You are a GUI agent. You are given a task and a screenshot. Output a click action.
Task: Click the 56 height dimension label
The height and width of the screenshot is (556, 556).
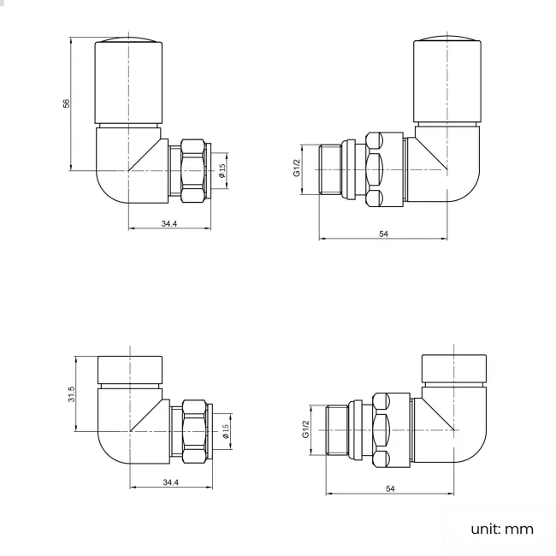[66, 104]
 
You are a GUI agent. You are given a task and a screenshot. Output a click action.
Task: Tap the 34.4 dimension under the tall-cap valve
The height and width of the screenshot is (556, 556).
[169, 223]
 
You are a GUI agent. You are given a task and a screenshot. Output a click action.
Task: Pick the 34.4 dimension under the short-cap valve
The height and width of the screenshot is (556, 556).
[170, 482]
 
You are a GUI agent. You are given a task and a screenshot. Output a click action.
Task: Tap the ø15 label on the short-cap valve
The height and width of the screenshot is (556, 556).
[225, 431]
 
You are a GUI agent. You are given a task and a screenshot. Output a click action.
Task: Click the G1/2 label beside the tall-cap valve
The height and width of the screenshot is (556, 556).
[297, 168]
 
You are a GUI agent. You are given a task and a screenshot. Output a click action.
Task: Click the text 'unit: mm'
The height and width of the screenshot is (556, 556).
[502, 529]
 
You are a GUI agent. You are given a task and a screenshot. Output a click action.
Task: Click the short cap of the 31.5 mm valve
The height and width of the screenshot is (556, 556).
[128, 369]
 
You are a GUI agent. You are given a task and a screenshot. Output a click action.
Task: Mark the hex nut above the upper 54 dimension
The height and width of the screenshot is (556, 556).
[376, 169]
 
